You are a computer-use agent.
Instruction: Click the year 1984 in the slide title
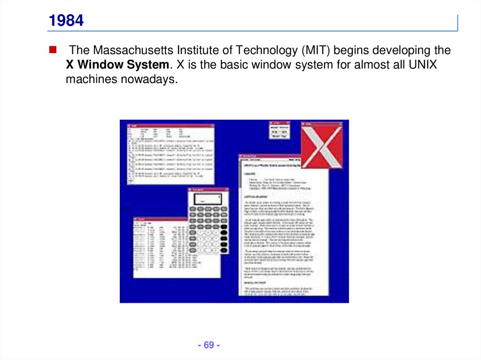[66, 21]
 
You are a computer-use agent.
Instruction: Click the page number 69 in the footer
[209, 345]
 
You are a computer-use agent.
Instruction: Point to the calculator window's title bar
[208, 189]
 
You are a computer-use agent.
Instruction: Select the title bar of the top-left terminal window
[171, 125]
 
